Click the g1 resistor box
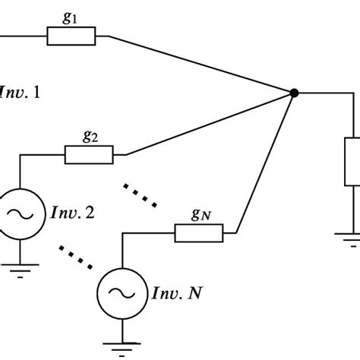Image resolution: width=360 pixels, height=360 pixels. pyautogui.click(x=71, y=36)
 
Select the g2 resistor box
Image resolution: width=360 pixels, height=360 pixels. pyautogui.click(x=88, y=155)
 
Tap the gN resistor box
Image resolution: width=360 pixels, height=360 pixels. pyautogui.click(x=198, y=233)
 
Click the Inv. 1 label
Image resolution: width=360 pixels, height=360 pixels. pyautogui.click(x=20, y=93)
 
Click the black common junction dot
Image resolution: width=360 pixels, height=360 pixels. pyautogui.click(x=294, y=93)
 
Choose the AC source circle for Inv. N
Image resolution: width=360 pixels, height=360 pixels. pyautogui.click(x=122, y=291)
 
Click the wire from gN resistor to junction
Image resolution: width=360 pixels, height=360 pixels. pyautogui.click(x=266, y=163)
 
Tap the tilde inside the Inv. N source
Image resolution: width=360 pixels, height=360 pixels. pyautogui.click(x=122, y=291)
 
